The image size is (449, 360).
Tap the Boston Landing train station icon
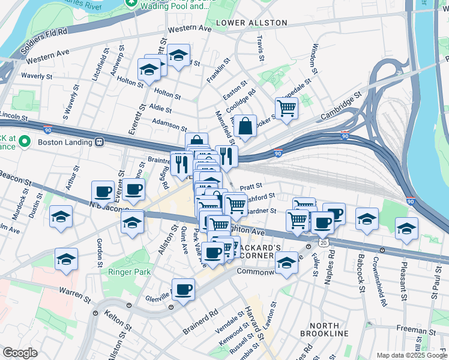99,142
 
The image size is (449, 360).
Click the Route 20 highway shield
324,242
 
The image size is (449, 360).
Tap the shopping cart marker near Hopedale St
287,109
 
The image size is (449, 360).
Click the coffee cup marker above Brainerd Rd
183,289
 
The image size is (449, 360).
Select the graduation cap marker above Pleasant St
406,229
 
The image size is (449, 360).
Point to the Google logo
20,353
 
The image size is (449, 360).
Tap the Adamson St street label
170,125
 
